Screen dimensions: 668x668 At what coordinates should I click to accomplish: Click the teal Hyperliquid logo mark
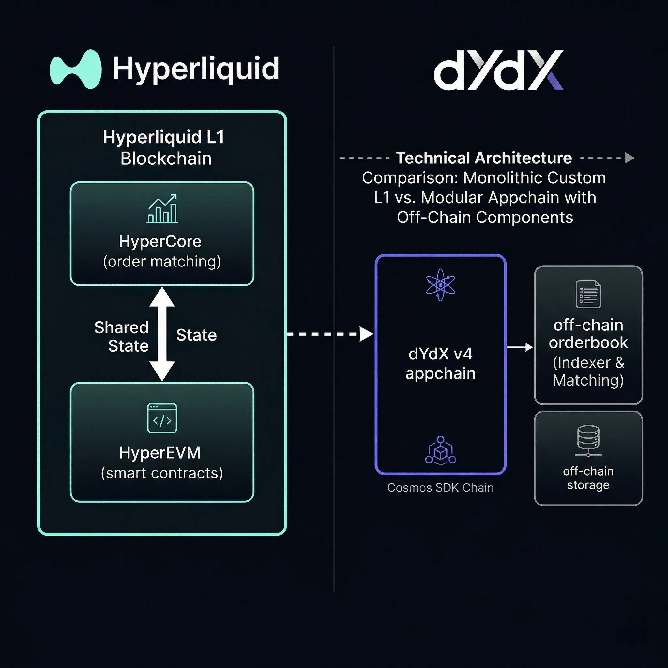[76, 69]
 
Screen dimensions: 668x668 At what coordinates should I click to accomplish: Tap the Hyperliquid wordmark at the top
[196, 69]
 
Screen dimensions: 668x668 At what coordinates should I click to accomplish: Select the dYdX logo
[499, 70]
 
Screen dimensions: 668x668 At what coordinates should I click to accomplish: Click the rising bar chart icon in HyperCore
[162, 209]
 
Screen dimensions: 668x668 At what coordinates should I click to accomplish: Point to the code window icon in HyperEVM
[162, 418]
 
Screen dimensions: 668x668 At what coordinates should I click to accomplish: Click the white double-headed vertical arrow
[162, 334]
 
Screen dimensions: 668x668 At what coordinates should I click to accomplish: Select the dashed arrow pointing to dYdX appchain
[330, 334]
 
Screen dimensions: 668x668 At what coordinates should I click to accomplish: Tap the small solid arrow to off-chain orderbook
[520, 347]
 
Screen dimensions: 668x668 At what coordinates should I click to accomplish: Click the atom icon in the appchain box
[440, 285]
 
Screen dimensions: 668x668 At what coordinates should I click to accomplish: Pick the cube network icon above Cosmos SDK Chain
[440, 450]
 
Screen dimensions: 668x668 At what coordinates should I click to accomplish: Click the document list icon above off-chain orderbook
[588, 294]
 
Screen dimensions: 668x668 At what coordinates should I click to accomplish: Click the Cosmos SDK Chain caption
[440, 488]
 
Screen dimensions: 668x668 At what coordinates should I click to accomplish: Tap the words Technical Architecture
[483, 158]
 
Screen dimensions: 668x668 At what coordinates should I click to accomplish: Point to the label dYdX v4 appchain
[440, 364]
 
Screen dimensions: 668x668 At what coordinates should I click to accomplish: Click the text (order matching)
[162, 261]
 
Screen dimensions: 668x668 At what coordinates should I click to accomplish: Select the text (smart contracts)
[162, 473]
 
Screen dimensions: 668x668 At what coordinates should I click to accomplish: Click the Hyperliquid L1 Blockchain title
[164, 148]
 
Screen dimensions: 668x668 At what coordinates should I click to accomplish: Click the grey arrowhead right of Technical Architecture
[629, 158]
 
